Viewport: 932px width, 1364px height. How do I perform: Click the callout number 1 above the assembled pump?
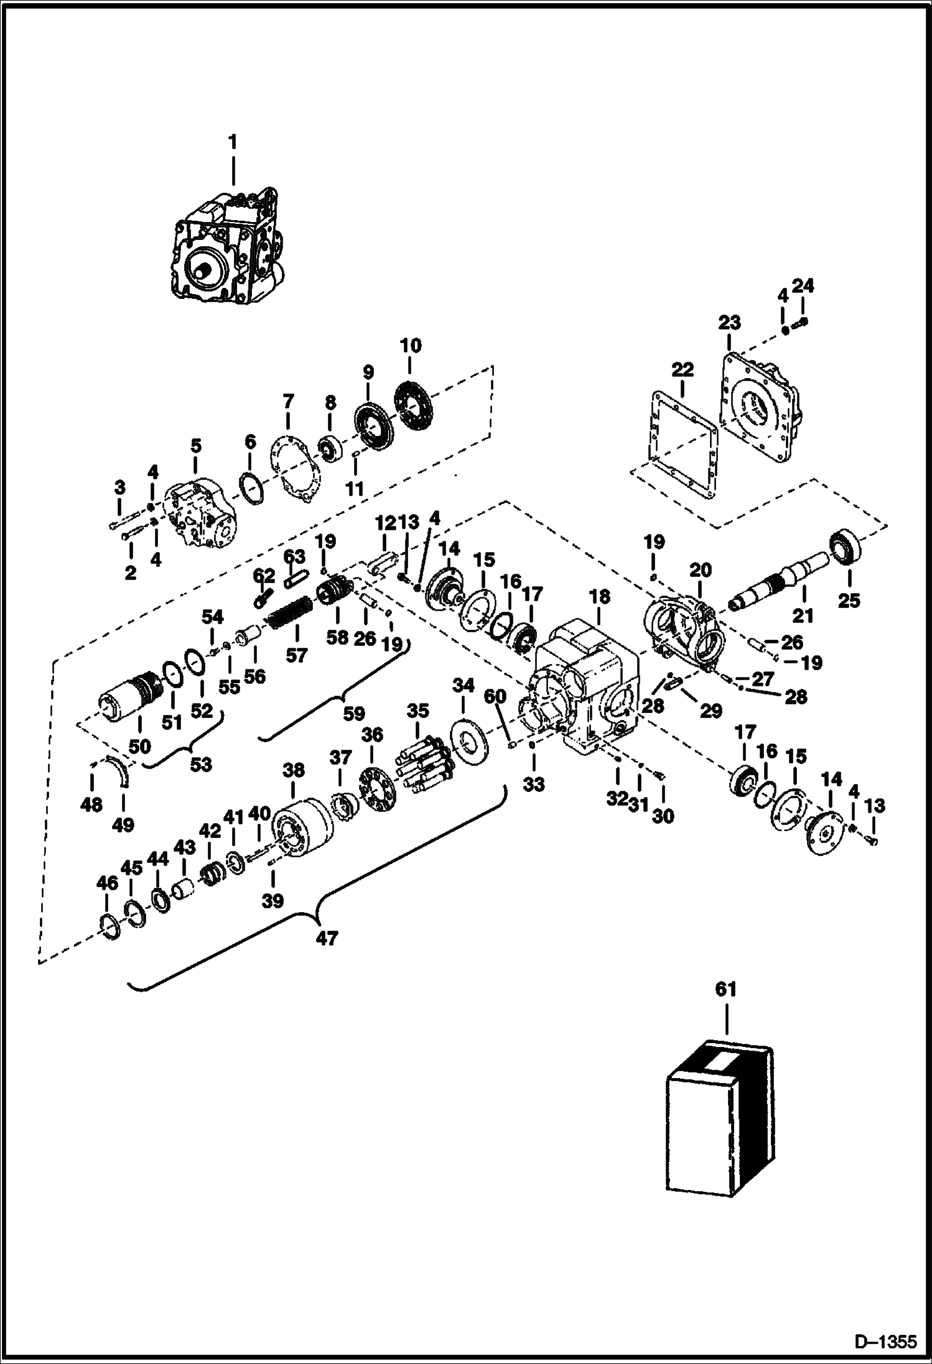[233, 142]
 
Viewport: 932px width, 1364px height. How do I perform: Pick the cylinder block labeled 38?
[302, 826]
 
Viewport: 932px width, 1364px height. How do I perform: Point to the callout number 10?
[411, 346]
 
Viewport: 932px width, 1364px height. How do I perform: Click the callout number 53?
[200, 764]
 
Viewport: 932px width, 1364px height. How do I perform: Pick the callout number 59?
[354, 713]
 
